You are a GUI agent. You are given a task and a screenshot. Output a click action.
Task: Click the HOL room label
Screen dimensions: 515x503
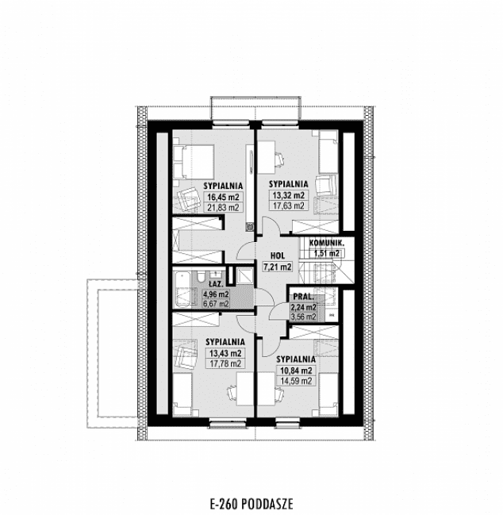click(x=277, y=256)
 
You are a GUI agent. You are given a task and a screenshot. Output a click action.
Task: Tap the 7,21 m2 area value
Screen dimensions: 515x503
click(x=277, y=267)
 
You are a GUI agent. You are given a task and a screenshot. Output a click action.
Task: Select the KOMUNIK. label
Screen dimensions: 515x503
click(x=325, y=243)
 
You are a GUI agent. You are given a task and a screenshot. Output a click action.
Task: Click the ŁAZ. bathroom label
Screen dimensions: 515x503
click(x=214, y=282)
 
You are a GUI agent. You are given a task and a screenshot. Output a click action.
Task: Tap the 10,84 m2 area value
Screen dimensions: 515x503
click(x=294, y=370)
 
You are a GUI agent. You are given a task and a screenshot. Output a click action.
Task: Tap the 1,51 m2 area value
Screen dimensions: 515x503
click(x=325, y=253)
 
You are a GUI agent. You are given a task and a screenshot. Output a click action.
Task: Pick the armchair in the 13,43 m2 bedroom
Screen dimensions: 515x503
click(x=187, y=352)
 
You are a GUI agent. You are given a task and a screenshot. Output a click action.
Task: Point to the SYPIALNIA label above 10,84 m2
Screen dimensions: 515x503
click(x=294, y=359)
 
